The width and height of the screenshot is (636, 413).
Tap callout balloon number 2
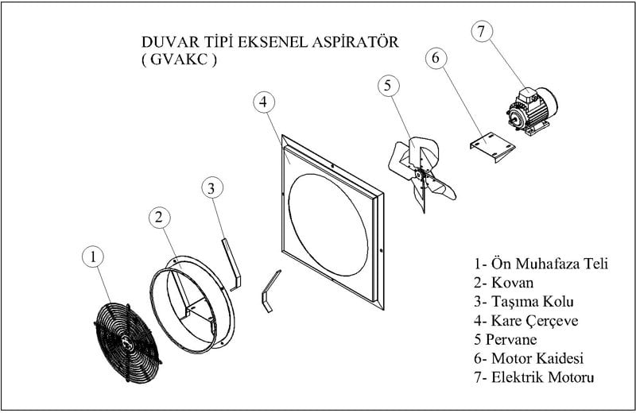(160, 217)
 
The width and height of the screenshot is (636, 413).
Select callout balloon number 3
(211, 188)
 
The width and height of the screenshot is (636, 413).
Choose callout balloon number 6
(435, 58)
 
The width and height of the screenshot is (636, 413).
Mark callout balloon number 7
(482, 32)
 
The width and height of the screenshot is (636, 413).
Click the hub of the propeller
(425, 176)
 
